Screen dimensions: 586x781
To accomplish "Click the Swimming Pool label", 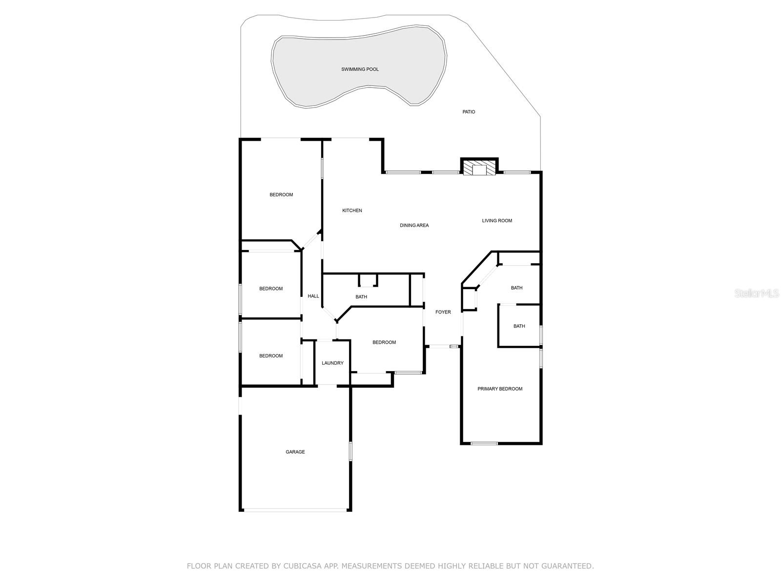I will point(360,69).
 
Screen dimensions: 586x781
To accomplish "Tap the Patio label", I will point(469,112).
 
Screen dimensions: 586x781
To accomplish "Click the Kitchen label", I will point(352,210).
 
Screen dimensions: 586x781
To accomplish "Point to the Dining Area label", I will point(414,225).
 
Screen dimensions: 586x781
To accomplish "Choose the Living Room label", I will point(497,221).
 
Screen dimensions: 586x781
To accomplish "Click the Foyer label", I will point(443,312).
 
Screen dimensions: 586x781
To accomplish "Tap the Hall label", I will point(313,296).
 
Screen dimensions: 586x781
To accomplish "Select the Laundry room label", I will point(332,363).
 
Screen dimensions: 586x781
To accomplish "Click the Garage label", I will point(295,452).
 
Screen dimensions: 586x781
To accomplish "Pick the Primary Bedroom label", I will point(500,389).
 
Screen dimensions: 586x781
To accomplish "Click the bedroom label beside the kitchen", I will point(281,195).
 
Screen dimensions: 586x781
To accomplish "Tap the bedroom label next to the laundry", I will point(384,342).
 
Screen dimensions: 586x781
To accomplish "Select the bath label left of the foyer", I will point(361,297).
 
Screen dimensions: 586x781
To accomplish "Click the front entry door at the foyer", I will point(442,346).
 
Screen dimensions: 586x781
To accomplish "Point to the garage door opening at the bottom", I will point(295,510).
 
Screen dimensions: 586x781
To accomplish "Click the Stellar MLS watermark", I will point(756,293).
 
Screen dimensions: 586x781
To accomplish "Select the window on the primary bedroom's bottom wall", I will point(484,443).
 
